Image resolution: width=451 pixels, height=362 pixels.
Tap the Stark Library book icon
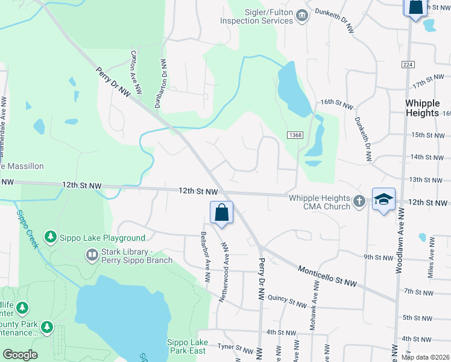(x=92, y=256)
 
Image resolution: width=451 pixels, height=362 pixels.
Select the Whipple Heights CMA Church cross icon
(x=359, y=202)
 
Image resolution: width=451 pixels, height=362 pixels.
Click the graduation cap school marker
(x=383, y=200)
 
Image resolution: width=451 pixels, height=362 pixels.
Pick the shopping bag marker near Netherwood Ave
(x=221, y=213)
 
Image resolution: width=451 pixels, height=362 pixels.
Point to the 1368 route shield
(x=295, y=135)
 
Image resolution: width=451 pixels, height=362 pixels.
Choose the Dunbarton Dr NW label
(x=163, y=82)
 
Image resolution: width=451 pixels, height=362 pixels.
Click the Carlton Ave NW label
(x=136, y=72)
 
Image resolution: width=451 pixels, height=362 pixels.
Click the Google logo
(x=20, y=355)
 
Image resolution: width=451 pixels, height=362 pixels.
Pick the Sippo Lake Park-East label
(x=186, y=346)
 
